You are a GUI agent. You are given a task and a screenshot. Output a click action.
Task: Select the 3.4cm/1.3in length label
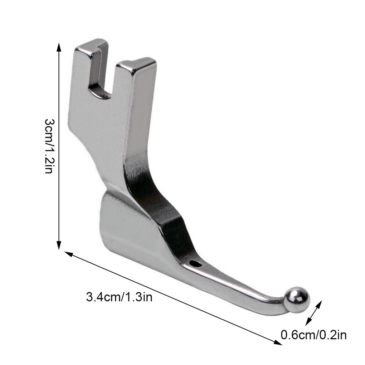[x=119, y=297]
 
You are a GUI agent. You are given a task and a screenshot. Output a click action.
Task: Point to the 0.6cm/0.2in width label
[x=313, y=335]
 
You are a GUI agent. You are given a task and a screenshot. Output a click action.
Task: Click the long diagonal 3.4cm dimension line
[x=172, y=298]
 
